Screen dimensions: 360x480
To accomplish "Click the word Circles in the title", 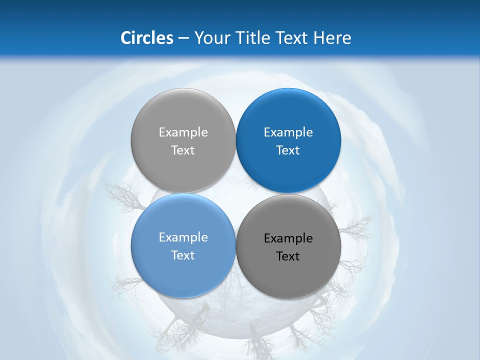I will tap(147, 38).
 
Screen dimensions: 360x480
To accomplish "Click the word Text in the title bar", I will tap(292, 38).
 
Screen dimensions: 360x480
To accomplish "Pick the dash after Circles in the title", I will tap(183, 38).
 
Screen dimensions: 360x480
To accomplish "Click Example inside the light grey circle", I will tap(183, 132).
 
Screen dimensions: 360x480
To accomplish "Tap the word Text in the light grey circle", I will tap(183, 150).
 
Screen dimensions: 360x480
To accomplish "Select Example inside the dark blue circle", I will tap(288, 132).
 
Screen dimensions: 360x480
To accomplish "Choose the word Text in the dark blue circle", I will tap(288, 150).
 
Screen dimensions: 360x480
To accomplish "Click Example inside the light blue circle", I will tap(183, 237).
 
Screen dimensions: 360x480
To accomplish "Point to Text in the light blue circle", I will tap(183, 255).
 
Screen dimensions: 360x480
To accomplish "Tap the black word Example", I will tap(288, 238).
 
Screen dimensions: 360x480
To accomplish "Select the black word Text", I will tap(288, 256).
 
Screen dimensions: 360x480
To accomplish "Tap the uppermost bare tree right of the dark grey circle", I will tap(356, 227).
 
